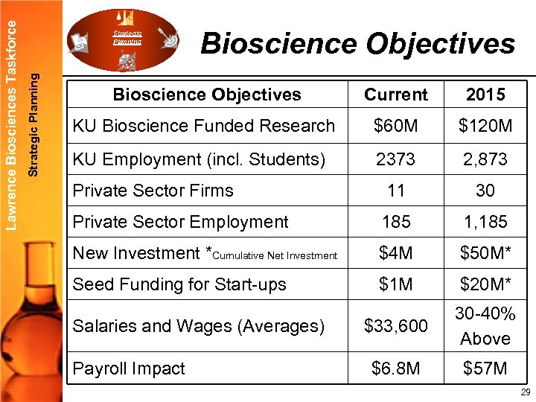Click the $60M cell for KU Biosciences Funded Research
click(x=396, y=127)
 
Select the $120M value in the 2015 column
click(x=485, y=127)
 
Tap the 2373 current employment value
click(x=396, y=159)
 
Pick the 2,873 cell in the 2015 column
click(x=485, y=159)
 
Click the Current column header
click(x=396, y=95)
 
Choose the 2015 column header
click(x=485, y=95)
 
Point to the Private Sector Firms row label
click(x=153, y=191)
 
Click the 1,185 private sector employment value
click(x=485, y=222)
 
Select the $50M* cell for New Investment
click(x=485, y=253)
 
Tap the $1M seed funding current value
click(x=396, y=284)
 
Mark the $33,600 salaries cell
click(x=396, y=326)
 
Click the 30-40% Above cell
click(x=485, y=326)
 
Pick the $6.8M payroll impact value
click(x=396, y=368)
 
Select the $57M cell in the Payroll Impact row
click(x=485, y=368)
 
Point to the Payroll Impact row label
click(x=129, y=368)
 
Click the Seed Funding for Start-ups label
click(x=179, y=284)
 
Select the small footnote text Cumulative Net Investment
click(x=275, y=256)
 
